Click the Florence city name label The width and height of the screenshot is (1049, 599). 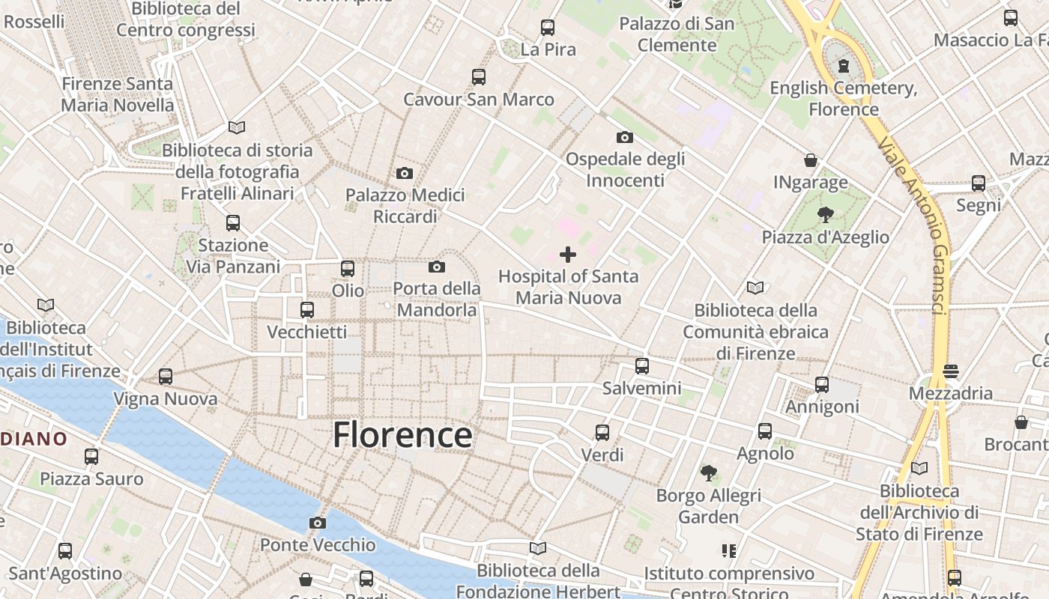pos(402,435)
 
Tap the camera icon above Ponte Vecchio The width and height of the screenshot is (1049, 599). pos(318,523)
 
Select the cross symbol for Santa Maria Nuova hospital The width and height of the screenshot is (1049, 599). pos(568,255)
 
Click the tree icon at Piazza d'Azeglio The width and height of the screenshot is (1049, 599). pos(825,216)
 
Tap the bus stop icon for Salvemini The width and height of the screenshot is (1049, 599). pos(641,366)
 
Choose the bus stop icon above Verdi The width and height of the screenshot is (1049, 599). pos(602,433)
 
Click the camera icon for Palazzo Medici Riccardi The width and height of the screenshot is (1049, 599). pos(405,174)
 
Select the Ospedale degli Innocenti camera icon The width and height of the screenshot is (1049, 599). pos(624,137)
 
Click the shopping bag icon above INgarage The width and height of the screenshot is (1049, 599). pos(810,160)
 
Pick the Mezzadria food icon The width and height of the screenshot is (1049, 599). pos(950,371)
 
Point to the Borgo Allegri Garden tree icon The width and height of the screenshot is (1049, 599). pos(708,473)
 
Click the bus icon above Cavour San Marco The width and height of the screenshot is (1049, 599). pos(478,76)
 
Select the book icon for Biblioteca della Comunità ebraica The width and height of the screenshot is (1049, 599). pos(755,288)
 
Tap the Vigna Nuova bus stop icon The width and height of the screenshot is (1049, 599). pos(166,377)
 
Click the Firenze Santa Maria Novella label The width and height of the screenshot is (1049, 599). pos(117,94)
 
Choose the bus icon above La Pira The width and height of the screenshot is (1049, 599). pos(548,28)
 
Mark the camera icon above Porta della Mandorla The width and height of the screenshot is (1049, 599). pos(437,267)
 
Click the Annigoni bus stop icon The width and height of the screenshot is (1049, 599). pos(822,385)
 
